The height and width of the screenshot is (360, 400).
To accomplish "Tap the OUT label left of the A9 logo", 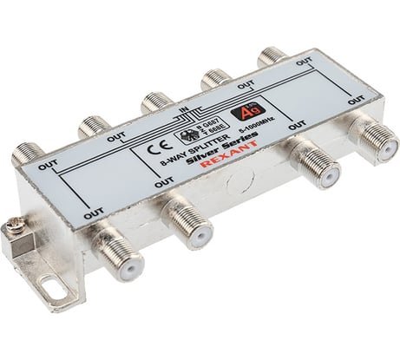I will (x=246, y=86).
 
